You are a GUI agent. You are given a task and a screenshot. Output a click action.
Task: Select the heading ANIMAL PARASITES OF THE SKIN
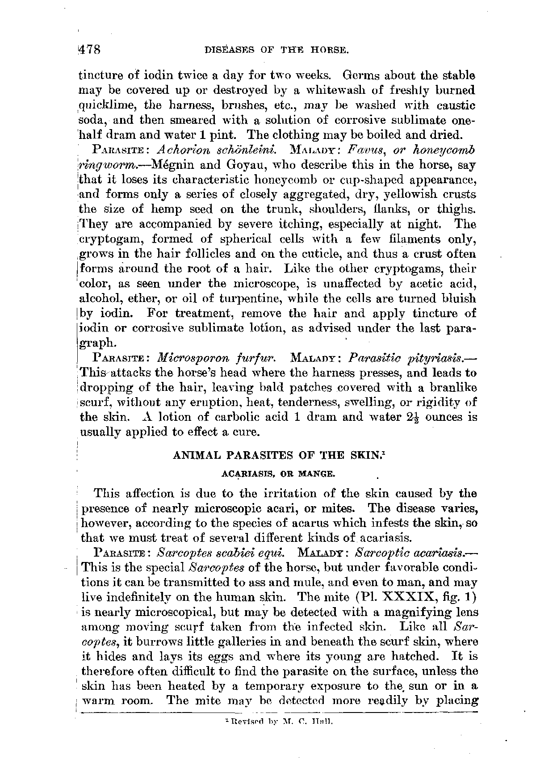[276, 456]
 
